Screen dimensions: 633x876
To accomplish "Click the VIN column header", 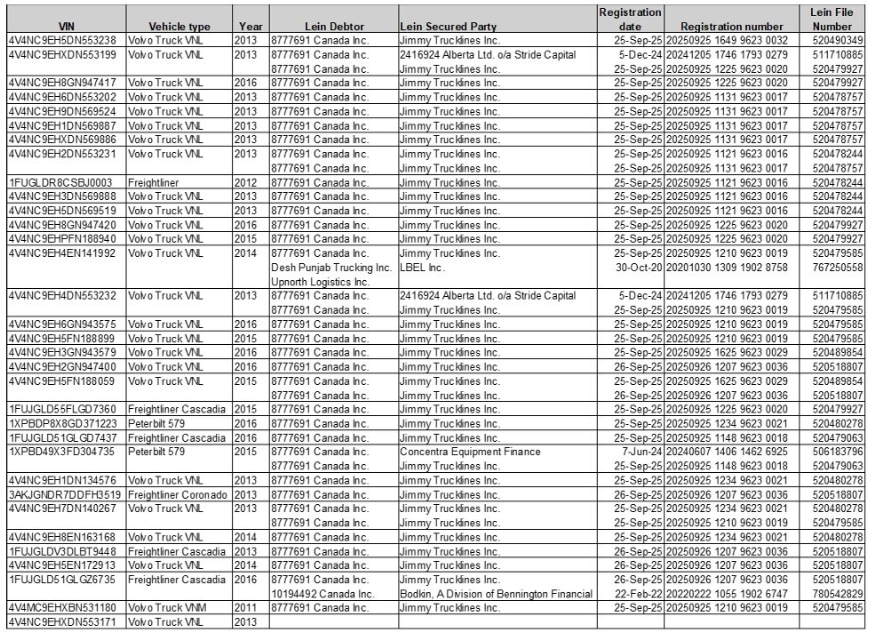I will coord(65,27).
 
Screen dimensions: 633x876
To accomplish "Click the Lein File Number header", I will coord(832,20).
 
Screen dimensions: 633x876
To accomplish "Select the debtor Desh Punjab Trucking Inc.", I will coord(330,268).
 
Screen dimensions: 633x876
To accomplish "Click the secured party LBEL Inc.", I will coord(423,268).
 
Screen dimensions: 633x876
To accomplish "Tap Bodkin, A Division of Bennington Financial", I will coord(496,594).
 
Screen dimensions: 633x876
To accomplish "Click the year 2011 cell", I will coord(245,608).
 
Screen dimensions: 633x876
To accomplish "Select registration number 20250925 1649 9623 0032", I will coord(727,41).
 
